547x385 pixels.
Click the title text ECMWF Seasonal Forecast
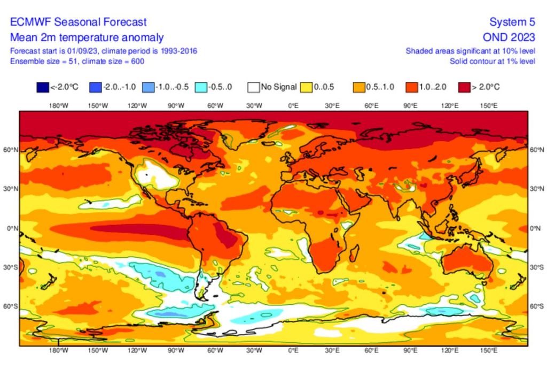(x=78, y=22)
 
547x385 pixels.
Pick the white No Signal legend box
(x=254, y=87)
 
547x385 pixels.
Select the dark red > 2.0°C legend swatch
(x=465, y=87)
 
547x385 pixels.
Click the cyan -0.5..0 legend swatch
(x=201, y=87)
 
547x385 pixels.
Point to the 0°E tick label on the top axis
(x=293, y=106)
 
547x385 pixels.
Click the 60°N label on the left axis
(x=11, y=150)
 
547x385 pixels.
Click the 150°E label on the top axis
(x=489, y=106)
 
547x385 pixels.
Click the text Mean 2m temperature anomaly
(x=87, y=37)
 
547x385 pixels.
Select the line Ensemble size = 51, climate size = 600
(x=77, y=61)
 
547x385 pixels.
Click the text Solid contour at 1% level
(x=492, y=61)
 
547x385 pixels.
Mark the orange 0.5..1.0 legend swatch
(x=359, y=87)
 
